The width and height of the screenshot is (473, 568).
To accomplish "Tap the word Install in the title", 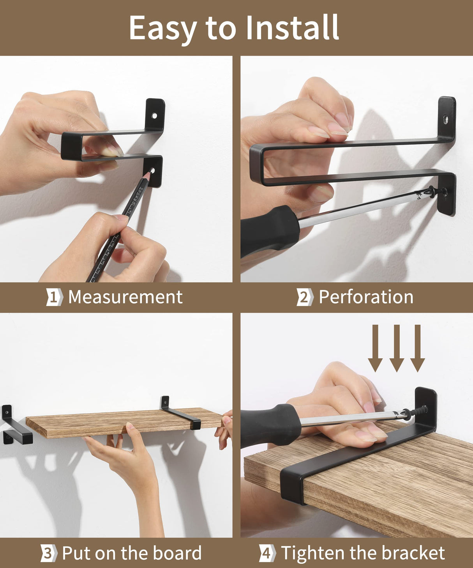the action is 293,27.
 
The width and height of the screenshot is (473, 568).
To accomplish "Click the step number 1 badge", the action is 55,297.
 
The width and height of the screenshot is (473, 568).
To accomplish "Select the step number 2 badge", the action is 305,297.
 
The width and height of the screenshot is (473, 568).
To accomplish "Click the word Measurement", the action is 125,297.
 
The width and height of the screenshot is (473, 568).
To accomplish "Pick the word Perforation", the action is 366,297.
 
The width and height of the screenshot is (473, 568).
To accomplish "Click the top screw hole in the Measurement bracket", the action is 154,116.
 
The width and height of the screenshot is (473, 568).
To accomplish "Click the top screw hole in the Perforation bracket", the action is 445,119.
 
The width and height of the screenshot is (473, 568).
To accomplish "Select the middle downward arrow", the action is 397,348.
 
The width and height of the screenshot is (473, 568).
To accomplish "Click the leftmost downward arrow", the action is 375,348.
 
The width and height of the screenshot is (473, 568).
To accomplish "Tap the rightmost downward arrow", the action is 418,348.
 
